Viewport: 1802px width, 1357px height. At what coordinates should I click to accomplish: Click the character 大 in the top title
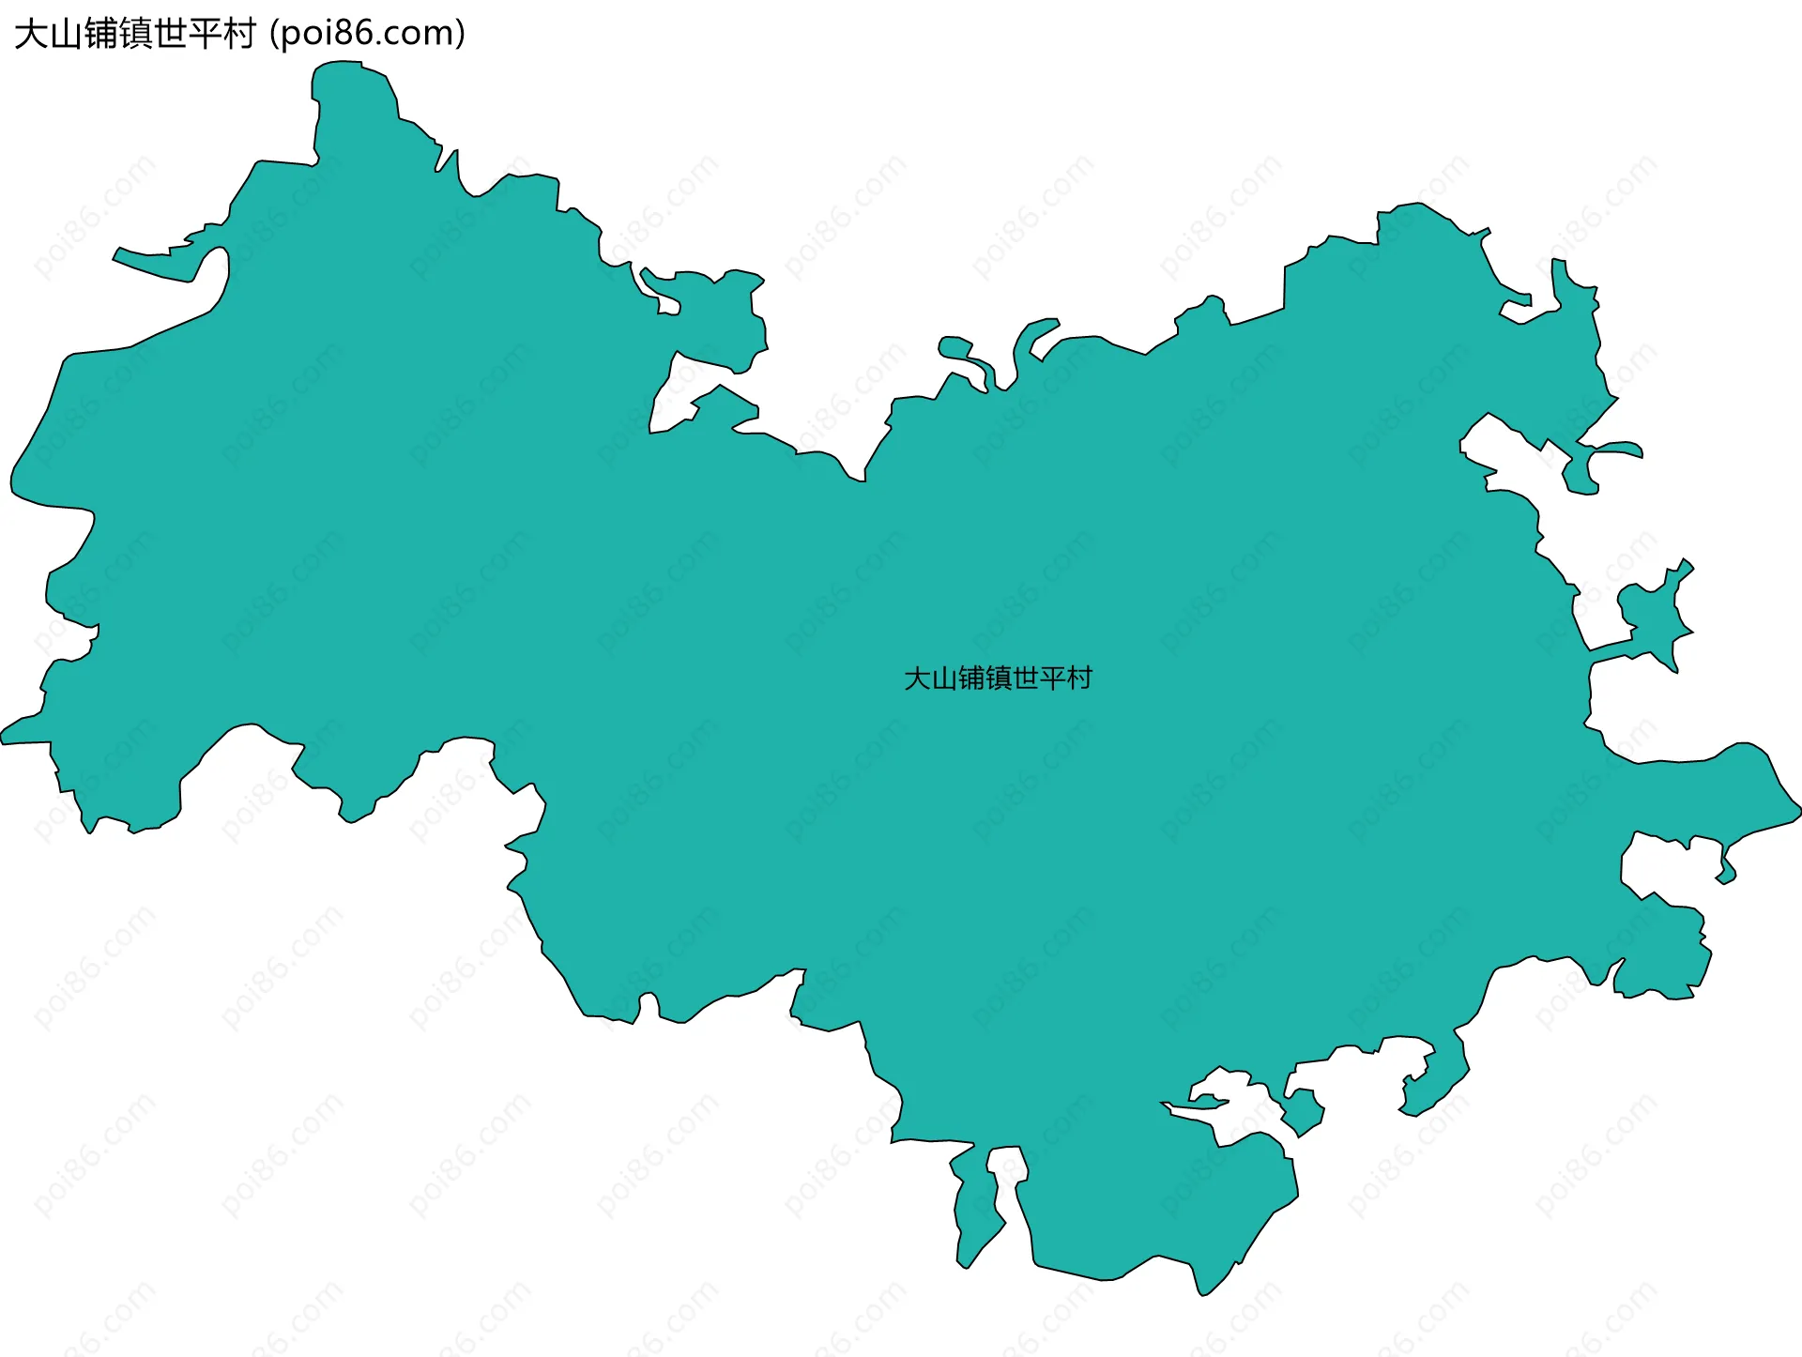point(31,34)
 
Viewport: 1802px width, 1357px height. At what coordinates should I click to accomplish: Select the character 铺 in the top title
point(100,34)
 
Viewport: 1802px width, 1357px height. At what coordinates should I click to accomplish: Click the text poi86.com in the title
point(367,34)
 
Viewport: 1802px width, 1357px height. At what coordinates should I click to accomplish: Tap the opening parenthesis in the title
point(274,35)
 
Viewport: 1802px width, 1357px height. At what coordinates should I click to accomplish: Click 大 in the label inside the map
point(917,678)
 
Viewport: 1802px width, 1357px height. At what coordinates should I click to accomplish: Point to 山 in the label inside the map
point(944,678)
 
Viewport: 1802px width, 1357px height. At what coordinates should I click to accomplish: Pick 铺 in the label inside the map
point(971,678)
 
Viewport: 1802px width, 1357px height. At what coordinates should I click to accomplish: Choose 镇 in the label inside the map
point(999,678)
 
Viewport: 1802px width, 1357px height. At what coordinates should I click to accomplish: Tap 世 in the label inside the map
point(1026,678)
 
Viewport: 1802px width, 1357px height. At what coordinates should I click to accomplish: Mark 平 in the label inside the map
point(1053,678)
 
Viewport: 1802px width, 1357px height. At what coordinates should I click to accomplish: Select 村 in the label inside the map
point(1080,678)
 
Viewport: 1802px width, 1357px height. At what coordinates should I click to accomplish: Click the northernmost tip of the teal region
point(338,62)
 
